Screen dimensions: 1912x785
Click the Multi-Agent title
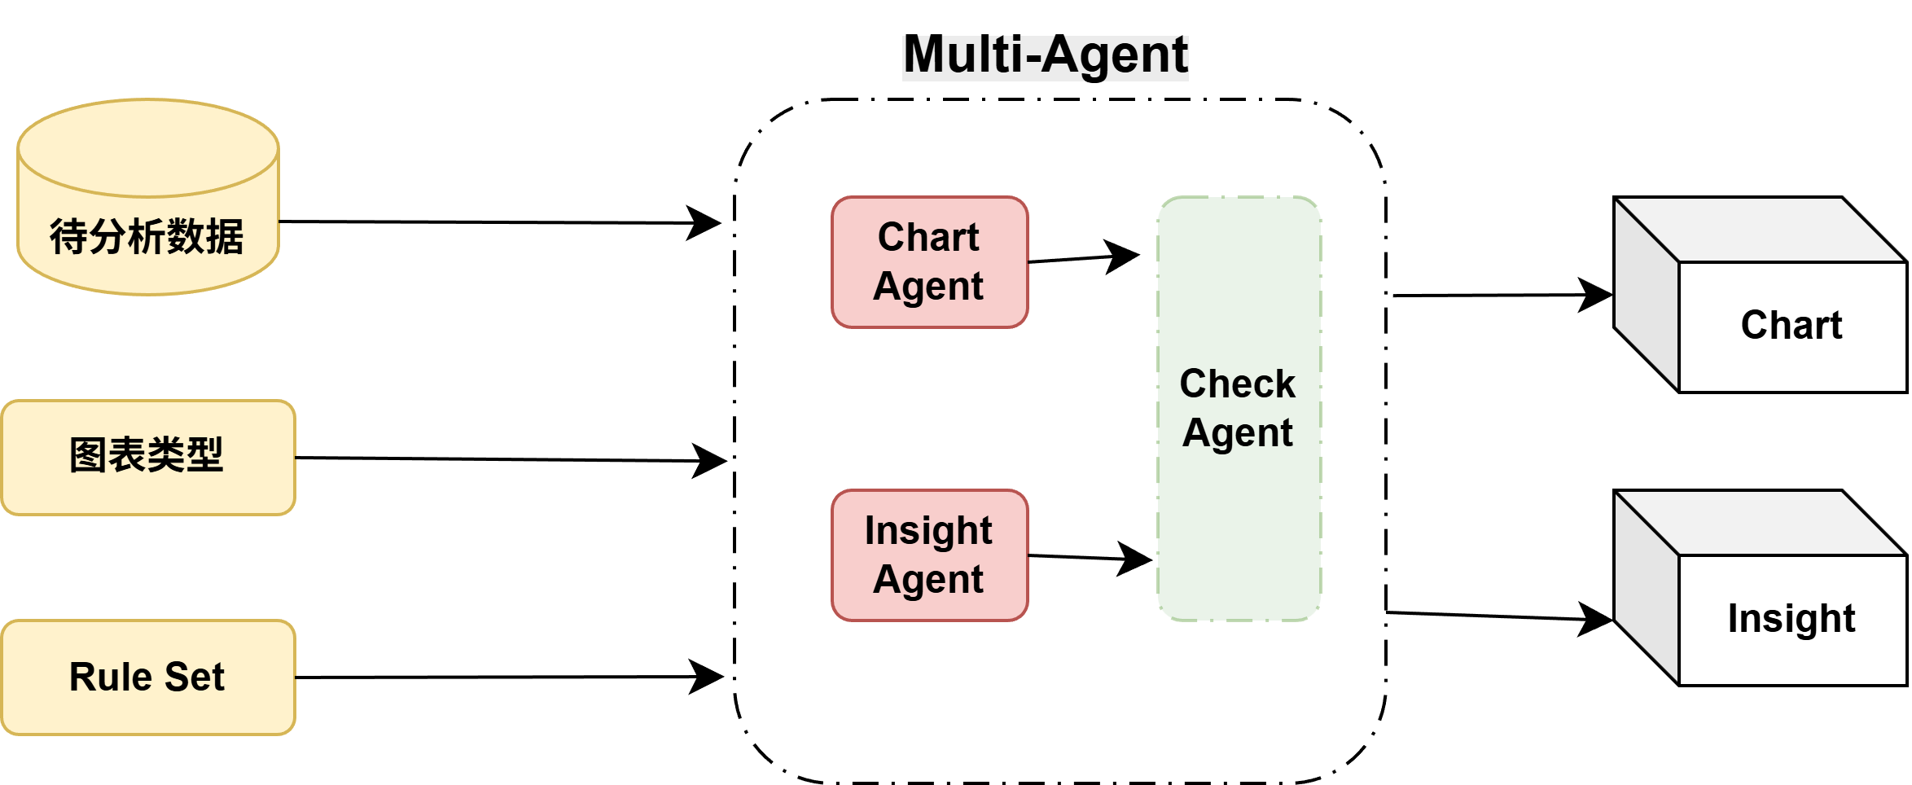coord(1046,55)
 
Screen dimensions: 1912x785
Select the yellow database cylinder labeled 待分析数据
coord(148,197)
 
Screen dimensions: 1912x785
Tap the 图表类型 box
coord(148,458)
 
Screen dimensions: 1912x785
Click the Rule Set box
coord(148,678)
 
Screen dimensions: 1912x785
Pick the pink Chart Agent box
coord(930,262)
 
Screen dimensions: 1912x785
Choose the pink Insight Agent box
coord(930,555)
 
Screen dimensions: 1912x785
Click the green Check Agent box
coord(1239,409)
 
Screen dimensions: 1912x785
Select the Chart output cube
coord(1761,295)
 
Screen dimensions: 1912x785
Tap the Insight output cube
coord(1761,588)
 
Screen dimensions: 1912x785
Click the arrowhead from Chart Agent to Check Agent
coord(1124,257)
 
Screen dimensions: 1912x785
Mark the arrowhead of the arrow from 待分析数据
coord(705,222)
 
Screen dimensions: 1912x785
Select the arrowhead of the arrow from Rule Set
coord(708,676)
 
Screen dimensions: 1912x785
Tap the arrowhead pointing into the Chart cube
coord(1596,295)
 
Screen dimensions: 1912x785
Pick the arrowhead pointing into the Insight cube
coord(1596,619)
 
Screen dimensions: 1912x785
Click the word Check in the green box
coord(1238,384)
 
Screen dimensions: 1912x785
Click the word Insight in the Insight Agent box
coord(929,531)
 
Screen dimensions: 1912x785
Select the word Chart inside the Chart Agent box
coord(929,238)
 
